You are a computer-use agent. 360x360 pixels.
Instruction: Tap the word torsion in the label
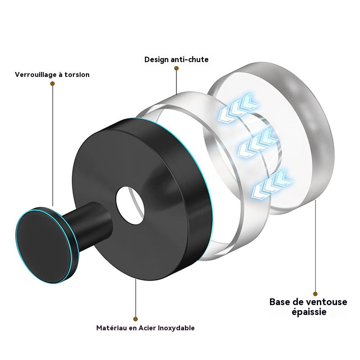click(77, 75)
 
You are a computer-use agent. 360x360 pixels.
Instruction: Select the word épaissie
click(309, 312)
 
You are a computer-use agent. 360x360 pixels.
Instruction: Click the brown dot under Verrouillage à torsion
click(52, 84)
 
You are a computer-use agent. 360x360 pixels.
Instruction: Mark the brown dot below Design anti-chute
click(176, 68)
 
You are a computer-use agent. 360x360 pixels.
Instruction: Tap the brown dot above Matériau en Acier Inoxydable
click(135, 319)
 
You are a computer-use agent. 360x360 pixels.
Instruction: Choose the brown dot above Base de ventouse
click(315, 294)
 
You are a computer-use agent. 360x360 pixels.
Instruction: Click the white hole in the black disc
click(130, 205)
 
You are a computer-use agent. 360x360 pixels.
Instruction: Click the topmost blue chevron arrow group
click(238, 108)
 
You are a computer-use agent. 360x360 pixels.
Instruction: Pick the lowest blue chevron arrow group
click(272, 185)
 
